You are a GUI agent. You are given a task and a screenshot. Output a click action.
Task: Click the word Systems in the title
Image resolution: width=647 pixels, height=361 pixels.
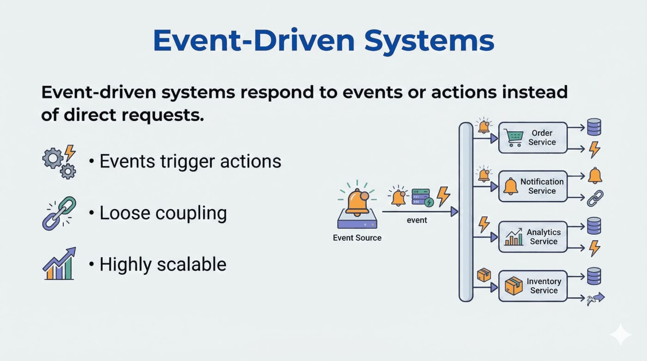click(x=429, y=41)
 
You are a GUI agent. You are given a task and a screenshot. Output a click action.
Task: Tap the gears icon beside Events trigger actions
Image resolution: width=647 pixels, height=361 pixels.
click(x=59, y=162)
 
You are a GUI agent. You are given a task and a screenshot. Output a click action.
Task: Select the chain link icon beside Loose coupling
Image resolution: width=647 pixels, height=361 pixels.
click(x=59, y=214)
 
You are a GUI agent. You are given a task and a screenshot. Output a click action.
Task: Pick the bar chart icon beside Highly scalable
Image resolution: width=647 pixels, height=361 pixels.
click(x=59, y=263)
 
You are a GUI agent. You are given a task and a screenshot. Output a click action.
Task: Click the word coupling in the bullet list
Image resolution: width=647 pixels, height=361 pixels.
click(x=191, y=214)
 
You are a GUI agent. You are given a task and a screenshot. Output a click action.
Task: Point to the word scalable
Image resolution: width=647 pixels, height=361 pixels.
click(x=191, y=264)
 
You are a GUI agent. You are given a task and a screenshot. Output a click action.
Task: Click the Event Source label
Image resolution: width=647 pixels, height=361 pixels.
click(x=357, y=238)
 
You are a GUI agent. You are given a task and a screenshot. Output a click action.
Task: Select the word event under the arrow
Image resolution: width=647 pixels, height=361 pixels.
click(x=417, y=220)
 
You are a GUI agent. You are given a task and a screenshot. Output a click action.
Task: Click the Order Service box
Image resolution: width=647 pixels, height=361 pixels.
click(x=533, y=138)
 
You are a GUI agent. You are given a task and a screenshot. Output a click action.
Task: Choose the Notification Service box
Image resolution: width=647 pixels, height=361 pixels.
click(x=533, y=186)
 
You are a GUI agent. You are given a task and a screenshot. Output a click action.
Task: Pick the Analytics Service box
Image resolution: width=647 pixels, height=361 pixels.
click(x=533, y=237)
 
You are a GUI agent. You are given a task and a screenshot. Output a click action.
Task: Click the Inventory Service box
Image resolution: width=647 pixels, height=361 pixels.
click(x=533, y=286)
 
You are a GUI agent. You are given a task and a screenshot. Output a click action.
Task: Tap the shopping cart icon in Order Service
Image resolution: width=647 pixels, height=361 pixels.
click(x=514, y=138)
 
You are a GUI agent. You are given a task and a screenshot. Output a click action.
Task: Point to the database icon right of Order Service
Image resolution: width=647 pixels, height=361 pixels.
click(x=594, y=127)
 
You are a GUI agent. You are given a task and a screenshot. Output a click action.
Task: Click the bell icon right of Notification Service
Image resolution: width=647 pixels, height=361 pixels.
click(x=595, y=175)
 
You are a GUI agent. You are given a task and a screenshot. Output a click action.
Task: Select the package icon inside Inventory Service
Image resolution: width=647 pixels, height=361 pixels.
click(x=513, y=286)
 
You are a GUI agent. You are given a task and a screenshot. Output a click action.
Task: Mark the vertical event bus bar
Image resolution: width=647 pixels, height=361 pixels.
click(x=466, y=212)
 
